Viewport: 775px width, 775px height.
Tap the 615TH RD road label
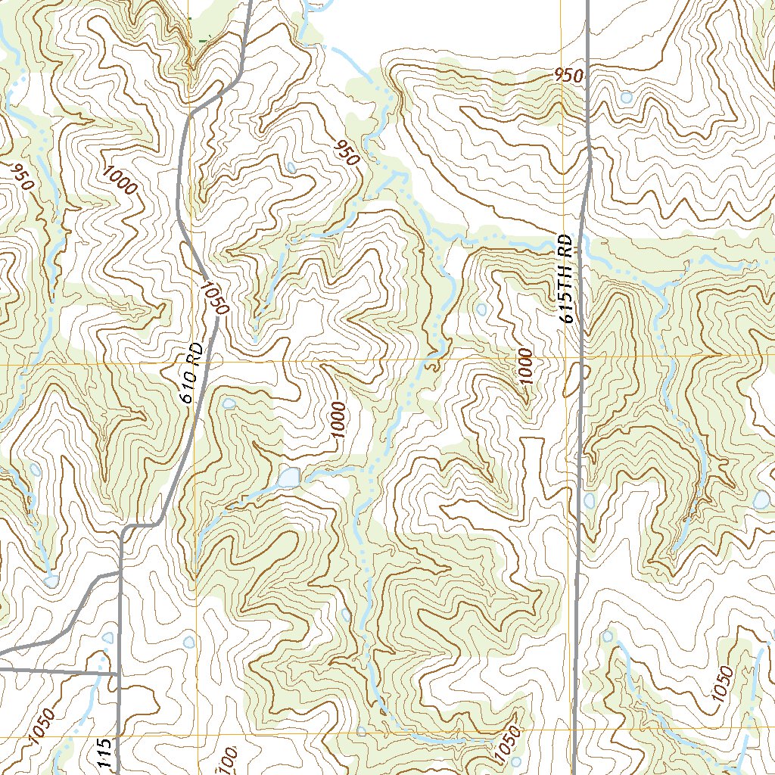click(566, 279)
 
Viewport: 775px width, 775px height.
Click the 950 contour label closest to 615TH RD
click(568, 76)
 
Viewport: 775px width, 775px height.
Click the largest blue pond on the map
click(288, 478)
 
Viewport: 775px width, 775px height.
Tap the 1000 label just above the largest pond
click(338, 422)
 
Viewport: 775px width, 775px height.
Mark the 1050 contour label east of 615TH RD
click(722, 689)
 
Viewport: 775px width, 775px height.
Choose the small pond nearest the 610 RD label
click(229, 403)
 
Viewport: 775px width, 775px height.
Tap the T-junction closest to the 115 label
click(120, 672)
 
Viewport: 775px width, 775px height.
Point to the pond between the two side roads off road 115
click(107, 637)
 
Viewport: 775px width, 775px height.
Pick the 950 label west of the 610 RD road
click(21, 176)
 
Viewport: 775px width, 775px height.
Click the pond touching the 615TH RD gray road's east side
click(590, 501)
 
